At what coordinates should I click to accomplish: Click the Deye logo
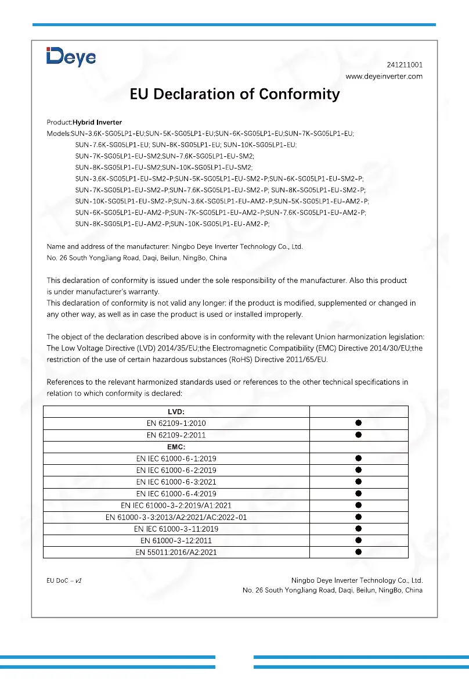click(x=71, y=57)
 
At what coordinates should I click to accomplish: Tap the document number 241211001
click(x=405, y=65)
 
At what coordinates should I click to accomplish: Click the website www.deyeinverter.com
click(x=384, y=76)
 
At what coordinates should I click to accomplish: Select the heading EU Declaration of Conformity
click(x=234, y=94)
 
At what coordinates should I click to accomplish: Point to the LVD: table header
click(x=176, y=411)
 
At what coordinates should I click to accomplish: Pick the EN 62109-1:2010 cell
click(x=176, y=423)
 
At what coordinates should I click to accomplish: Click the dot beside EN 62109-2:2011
click(x=359, y=435)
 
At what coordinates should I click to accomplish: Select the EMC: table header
click(x=176, y=447)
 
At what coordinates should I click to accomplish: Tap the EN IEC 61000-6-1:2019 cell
click(x=176, y=458)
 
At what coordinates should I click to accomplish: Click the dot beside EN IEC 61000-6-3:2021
click(x=359, y=482)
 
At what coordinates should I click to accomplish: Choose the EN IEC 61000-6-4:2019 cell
click(x=176, y=493)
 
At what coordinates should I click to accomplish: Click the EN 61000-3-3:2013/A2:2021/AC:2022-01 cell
click(x=176, y=517)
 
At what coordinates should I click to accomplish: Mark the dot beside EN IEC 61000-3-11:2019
click(x=359, y=529)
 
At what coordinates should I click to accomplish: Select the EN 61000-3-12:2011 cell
click(x=176, y=540)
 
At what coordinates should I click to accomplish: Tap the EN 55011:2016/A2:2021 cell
click(x=176, y=552)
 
